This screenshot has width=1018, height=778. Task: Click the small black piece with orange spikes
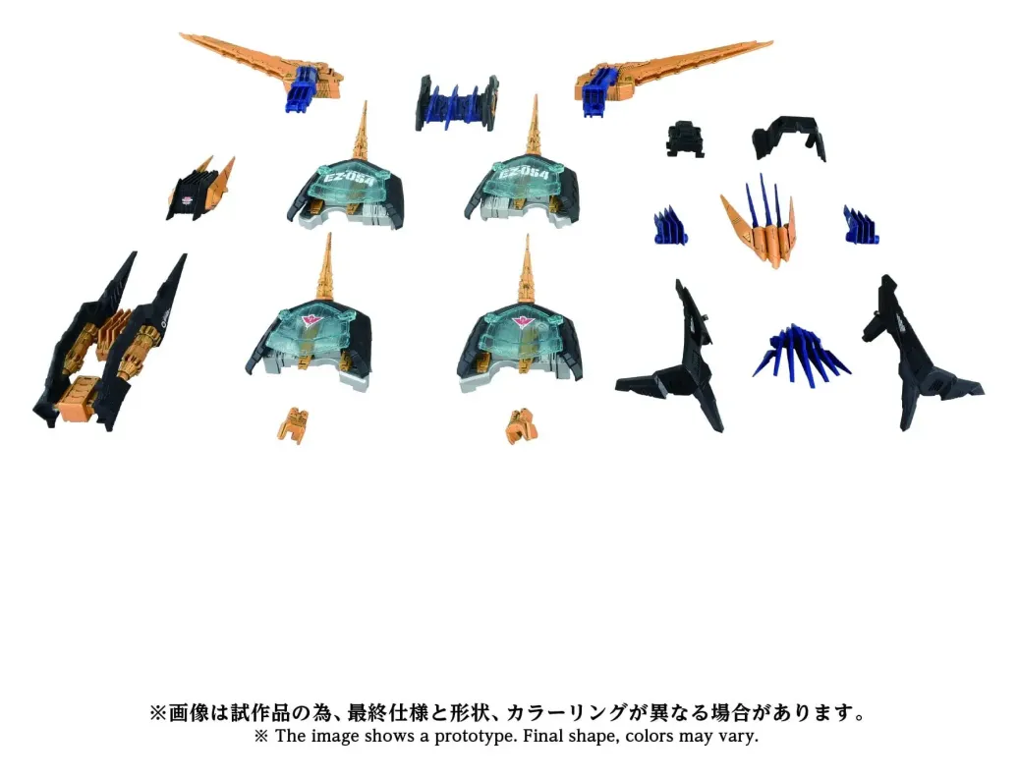[199, 189]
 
